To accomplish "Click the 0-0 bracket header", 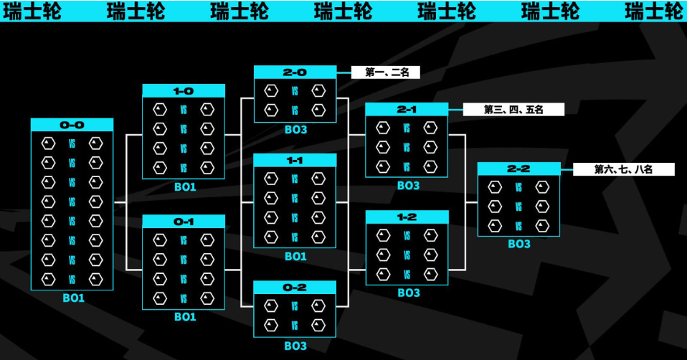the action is (72, 125).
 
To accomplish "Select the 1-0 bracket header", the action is (184, 91).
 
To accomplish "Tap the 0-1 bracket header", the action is (184, 222).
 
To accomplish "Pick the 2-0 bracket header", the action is (295, 72).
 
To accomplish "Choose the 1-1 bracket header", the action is (295, 161).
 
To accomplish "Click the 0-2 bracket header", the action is (295, 288).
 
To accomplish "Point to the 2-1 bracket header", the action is (407, 110).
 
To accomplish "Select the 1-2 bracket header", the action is (407, 217).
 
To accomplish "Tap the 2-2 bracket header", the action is (518, 169).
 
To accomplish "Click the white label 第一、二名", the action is (386, 72).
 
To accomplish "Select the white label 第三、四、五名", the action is (513, 110).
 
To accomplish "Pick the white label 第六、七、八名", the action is (623, 169).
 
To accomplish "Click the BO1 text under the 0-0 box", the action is (73, 298).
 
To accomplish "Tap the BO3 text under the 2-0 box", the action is (295, 130).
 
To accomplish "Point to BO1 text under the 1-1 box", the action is (295, 257).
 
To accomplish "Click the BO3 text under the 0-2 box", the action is (295, 346).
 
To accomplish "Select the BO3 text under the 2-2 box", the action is (519, 244).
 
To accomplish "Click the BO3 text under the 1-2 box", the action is (408, 293).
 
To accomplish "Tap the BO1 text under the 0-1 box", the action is (185, 317).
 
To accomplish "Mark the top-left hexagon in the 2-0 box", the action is (271, 91).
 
